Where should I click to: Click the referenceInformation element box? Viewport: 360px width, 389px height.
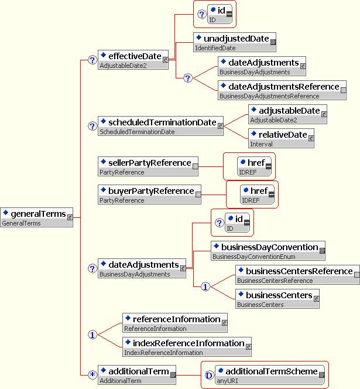coord(174,323)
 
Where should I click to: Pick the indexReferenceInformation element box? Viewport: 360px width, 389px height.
coord(187,347)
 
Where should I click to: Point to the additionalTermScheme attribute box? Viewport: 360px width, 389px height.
coord(270,375)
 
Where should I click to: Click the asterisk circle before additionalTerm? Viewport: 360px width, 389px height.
coord(92,376)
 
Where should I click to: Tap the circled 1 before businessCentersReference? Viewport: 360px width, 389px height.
coord(205,287)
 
